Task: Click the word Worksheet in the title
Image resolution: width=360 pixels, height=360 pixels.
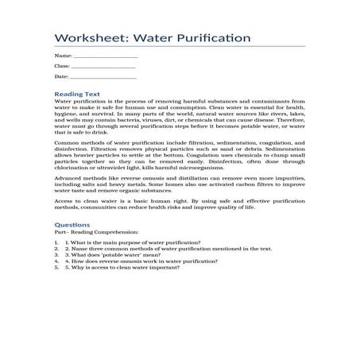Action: point(85,38)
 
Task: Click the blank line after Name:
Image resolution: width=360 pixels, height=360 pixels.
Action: point(105,57)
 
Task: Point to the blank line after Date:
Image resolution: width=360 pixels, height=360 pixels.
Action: point(103,77)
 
